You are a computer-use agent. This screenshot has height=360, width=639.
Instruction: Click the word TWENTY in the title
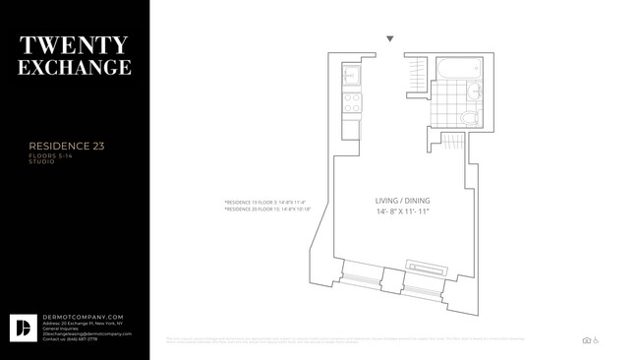click(x=74, y=45)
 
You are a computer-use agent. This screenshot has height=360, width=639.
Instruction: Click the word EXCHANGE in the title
click(x=74, y=68)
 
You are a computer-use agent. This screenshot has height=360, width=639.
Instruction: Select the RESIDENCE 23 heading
click(x=67, y=146)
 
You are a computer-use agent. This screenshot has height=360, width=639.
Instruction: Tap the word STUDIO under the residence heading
click(x=41, y=161)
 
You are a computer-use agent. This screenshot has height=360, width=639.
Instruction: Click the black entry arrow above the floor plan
click(x=390, y=39)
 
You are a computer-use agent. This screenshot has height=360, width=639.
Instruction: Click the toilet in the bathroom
click(x=470, y=118)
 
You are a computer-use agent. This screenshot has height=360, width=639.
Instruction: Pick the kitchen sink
click(x=351, y=77)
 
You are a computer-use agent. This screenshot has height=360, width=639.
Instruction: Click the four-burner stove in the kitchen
click(x=350, y=102)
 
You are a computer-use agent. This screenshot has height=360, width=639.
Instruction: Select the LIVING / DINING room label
click(x=402, y=201)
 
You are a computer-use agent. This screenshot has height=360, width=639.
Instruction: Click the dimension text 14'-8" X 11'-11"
click(x=402, y=212)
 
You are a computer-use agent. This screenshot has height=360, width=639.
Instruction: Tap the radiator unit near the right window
click(x=430, y=265)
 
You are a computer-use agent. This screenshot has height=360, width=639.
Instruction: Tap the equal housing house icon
click(x=586, y=340)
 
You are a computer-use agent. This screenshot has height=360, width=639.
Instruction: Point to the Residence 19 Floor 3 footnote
click(x=264, y=203)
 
